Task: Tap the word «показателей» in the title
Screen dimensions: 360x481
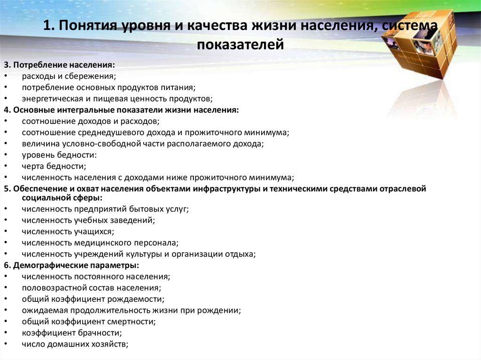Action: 240,45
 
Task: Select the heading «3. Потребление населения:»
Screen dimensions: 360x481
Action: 59,65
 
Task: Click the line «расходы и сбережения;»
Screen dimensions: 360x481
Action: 69,76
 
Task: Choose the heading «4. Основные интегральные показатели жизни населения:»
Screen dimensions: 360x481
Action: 121,110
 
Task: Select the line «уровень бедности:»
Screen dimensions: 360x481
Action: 59,155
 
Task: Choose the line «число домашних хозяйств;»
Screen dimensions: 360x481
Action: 75,345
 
